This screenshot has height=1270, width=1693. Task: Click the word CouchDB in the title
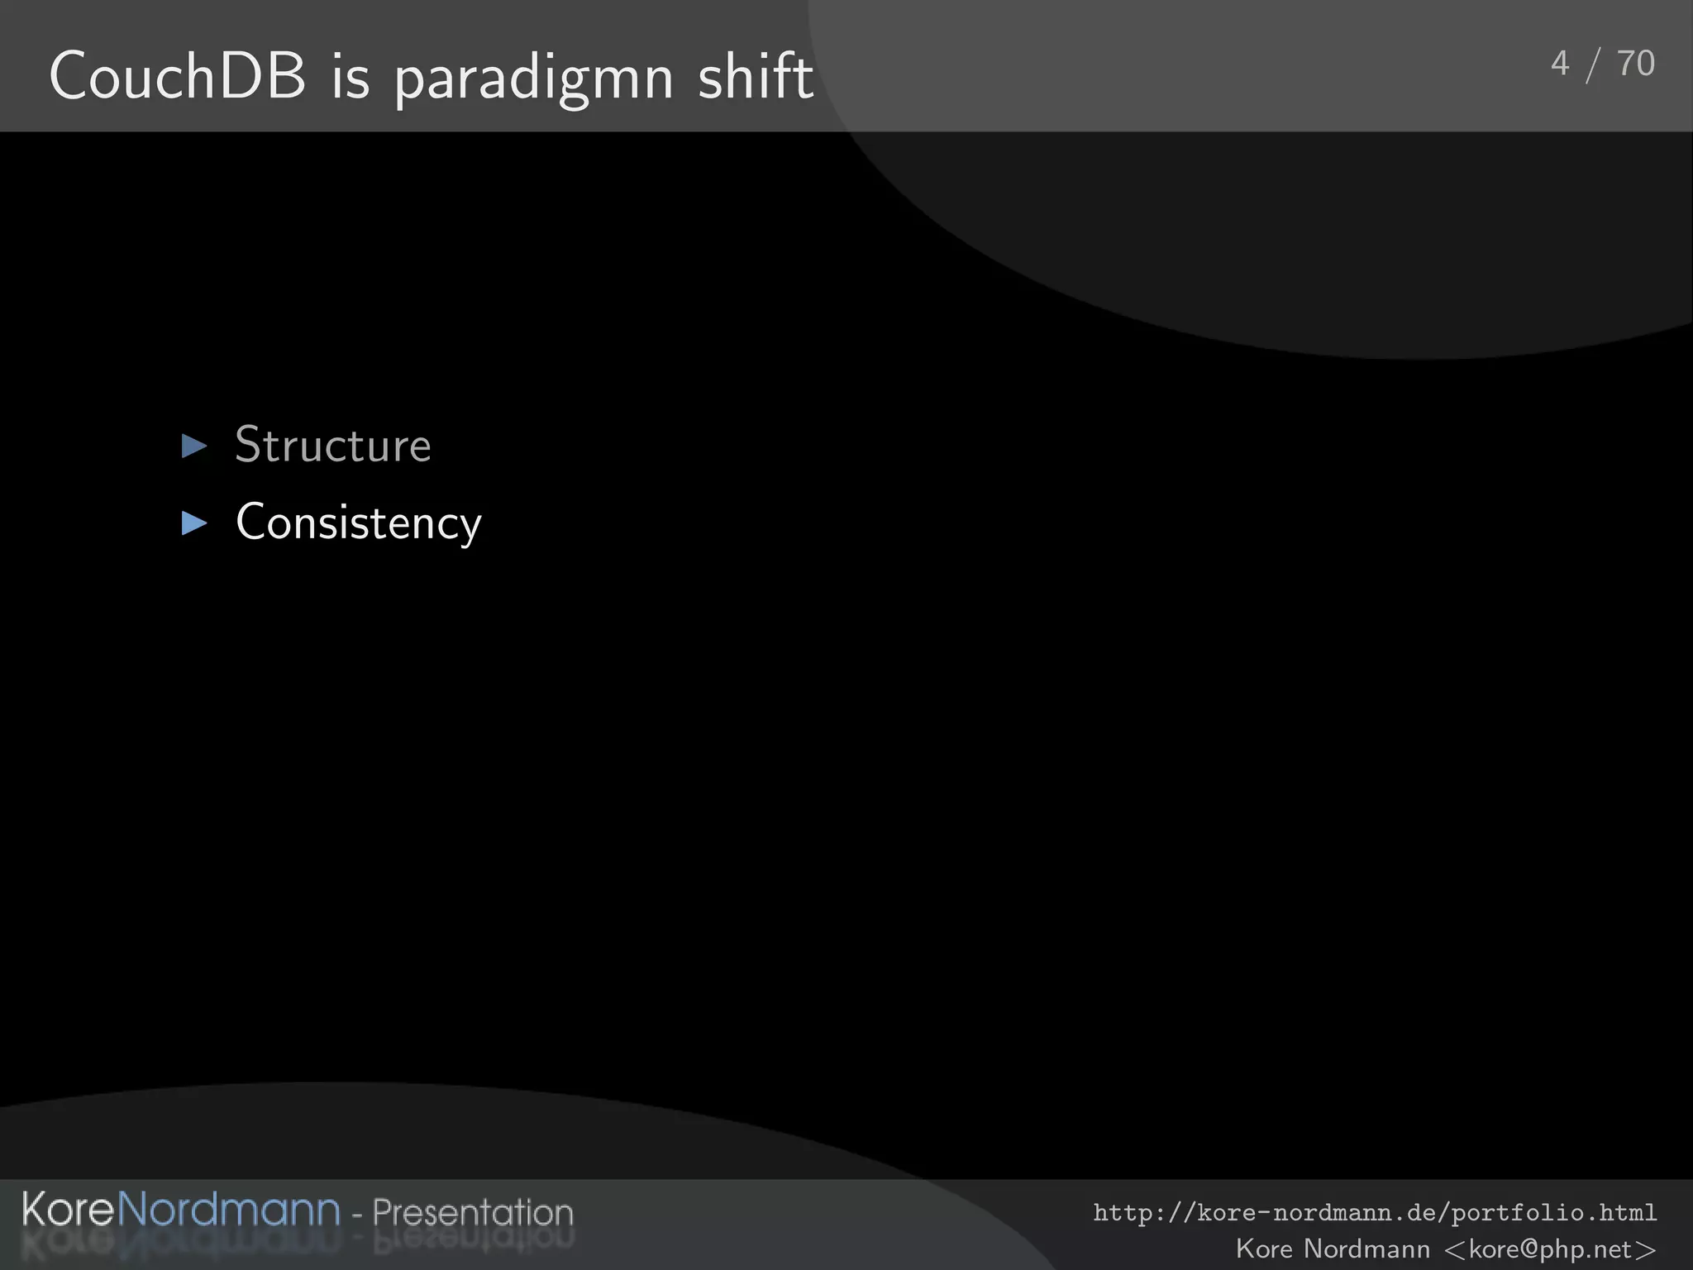click(x=177, y=76)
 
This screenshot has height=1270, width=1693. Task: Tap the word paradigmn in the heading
click(x=534, y=79)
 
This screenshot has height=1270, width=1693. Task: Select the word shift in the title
click(x=756, y=76)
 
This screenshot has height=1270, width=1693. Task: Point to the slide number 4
click(x=1560, y=64)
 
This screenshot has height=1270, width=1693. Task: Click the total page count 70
click(x=1635, y=64)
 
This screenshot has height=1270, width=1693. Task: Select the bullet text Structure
click(x=333, y=446)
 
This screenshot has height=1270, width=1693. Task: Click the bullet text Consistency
click(x=358, y=523)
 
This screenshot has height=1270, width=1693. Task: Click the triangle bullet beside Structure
click(x=194, y=446)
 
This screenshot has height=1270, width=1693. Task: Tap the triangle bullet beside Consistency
click(x=194, y=523)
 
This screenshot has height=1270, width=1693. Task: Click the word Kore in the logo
click(x=68, y=1210)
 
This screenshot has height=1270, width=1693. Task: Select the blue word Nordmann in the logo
click(x=229, y=1210)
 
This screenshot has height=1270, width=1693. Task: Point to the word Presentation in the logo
click(x=472, y=1213)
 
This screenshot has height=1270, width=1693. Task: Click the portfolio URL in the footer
click(x=1374, y=1213)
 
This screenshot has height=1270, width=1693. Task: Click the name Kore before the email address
click(x=1264, y=1249)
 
